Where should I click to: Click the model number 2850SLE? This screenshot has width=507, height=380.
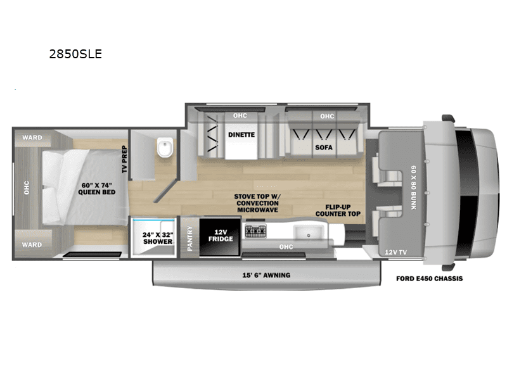pos(75,54)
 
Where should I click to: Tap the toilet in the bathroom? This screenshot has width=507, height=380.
pos(165,147)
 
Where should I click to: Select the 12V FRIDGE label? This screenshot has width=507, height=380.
pos(221,236)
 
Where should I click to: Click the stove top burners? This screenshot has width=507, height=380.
pos(255,231)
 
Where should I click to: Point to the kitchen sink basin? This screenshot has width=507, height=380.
pos(308,232)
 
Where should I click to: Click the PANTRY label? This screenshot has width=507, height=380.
pos(189,238)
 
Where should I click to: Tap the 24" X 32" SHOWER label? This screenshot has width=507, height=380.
pos(158,238)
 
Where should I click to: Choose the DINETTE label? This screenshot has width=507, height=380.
pos(241,135)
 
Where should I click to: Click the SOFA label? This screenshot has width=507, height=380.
pos(324,148)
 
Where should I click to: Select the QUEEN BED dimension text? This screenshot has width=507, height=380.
pos(97,189)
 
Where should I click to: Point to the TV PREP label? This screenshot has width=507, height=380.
pos(124,160)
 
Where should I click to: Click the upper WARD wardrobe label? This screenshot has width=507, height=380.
pos(32,137)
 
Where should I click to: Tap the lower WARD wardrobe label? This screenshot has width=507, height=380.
pos(32,244)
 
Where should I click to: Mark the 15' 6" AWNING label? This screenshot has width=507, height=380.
pos(266,275)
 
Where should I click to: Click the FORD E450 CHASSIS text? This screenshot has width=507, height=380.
pos(430,279)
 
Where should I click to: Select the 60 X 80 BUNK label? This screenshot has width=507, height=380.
pos(414,187)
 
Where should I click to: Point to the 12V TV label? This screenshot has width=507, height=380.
pos(395,252)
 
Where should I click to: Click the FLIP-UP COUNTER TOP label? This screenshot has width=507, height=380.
pos(338,210)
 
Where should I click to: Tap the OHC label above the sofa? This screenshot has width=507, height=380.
pos(327,116)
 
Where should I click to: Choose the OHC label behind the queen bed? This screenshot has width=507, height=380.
pos(27,187)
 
